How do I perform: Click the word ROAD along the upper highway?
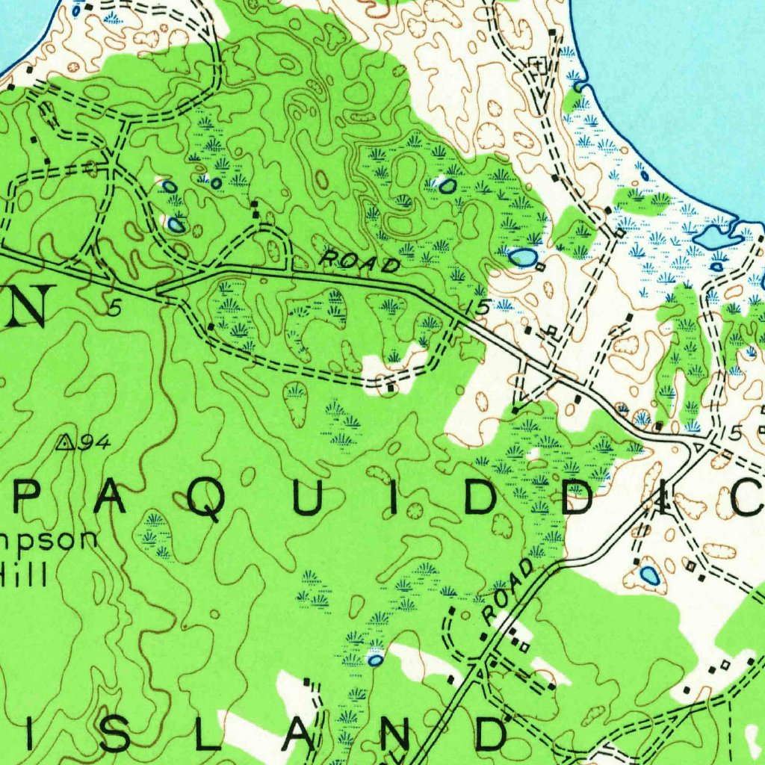click(360, 262)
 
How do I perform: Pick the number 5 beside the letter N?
click(114, 308)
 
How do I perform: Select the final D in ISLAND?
click(489, 735)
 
